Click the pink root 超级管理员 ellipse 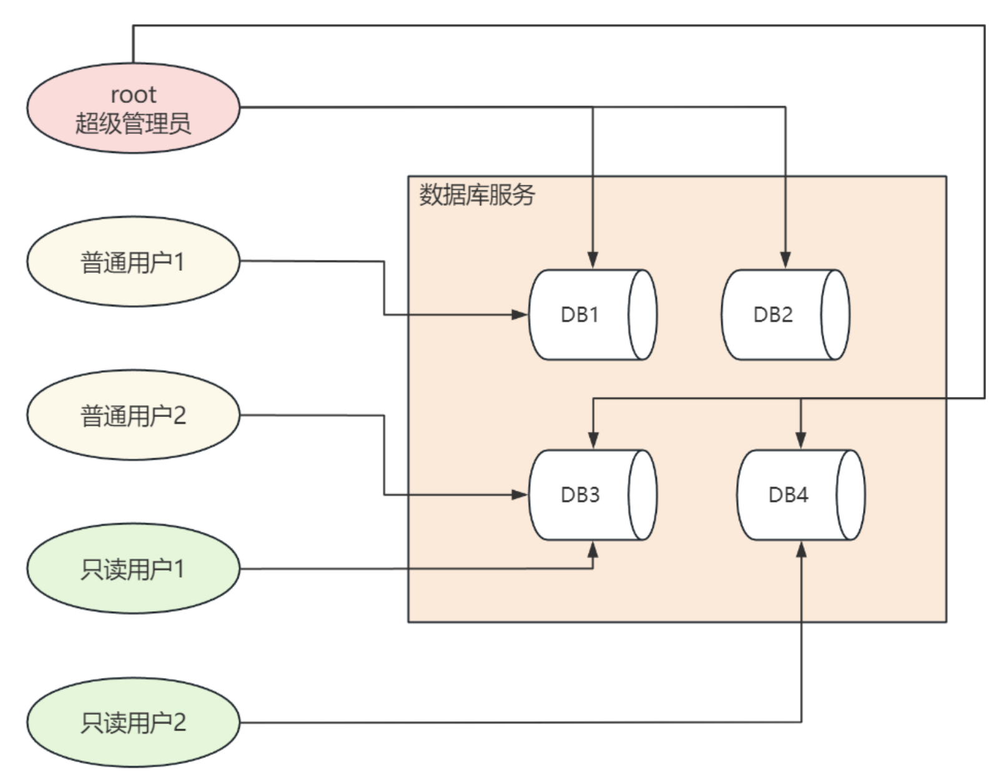pos(134,108)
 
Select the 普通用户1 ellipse pos(134,262)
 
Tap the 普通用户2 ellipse pos(134,415)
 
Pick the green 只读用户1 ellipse pos(134,569)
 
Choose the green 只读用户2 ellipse pos(134,722)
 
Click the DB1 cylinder pos(593,315)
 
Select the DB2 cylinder pos(786,315)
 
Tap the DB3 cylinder pos(593,494)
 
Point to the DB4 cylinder pos(801,494)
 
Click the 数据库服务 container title pos(477,194)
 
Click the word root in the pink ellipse pos(134,95)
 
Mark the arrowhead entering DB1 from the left pos(520,315)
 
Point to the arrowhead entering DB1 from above pos(593,260)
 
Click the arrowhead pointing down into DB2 pos(786,260)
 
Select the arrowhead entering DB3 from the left pos(520,494)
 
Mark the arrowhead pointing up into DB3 pos(593,549)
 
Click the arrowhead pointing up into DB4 pos(801,549)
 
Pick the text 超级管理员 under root pos(134,124)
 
